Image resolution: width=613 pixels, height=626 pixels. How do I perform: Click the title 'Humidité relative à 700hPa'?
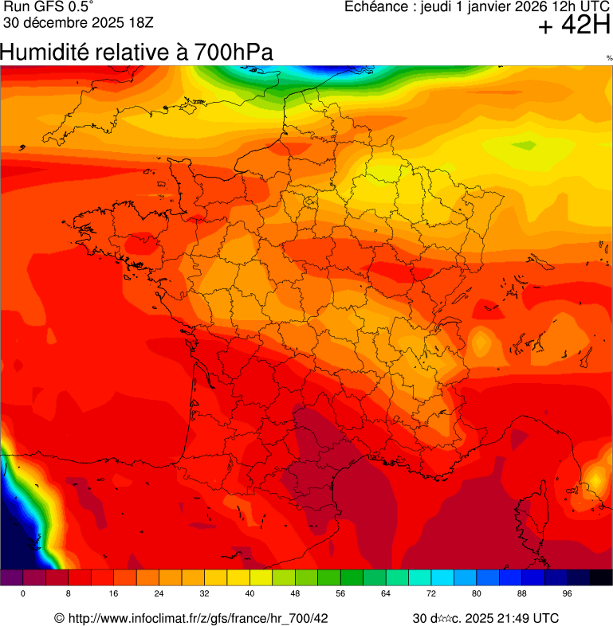136,53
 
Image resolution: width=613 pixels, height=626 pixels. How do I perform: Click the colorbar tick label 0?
22,594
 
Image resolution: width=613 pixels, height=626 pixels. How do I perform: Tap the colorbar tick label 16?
114,594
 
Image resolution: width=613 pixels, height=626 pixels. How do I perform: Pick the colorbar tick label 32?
204,594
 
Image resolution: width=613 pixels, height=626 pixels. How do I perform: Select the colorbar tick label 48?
295,594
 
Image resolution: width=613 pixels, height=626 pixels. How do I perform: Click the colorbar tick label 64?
386,594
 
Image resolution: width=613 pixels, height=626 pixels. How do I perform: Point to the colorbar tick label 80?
477,594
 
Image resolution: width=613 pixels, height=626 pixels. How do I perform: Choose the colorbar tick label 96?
568,594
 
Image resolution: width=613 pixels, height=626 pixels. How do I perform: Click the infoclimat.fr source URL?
191,618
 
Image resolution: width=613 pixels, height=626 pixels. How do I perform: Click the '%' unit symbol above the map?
609,58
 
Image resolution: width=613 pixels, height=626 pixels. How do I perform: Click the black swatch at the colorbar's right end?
601,577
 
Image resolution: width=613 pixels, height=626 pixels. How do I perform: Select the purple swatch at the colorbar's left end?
11,577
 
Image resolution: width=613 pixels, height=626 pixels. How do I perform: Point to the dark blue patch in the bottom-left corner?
14,534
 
